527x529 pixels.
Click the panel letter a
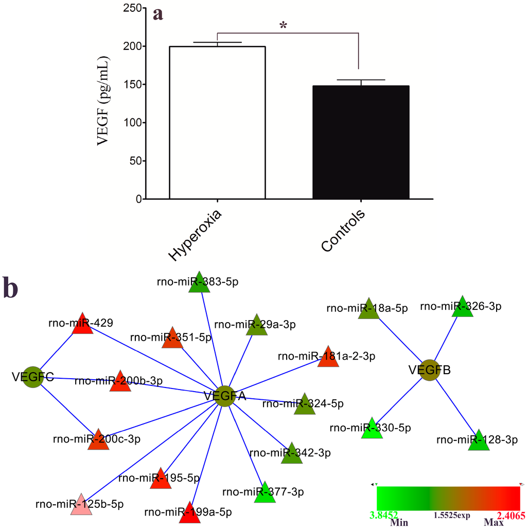coord(158,13)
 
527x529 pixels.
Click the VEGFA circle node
coord(224,396)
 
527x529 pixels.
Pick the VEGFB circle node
coord(430,369)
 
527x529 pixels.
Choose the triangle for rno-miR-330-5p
coord(372,429)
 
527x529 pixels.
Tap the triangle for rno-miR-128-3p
coord(479,441)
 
